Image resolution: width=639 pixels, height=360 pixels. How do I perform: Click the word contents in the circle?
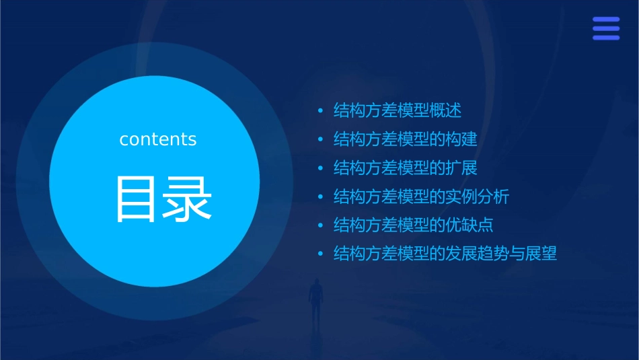(x=158, y=139)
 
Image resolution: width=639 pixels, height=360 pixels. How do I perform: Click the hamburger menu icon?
(x=605, y=29)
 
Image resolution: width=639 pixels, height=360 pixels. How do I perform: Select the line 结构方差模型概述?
(x=397, y=110)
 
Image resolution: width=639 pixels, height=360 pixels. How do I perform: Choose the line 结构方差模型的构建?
(x=405, y=139)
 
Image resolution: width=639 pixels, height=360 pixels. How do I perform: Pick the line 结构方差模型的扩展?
(x=405, y=168)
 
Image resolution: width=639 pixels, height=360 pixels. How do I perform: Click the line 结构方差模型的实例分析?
(x=421, y=196)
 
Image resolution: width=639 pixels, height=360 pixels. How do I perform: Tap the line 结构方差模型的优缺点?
(x=413, y=225)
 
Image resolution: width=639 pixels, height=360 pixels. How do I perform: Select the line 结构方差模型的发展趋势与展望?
(x=445, y=254)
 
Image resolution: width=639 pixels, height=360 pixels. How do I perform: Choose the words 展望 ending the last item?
(x=541, y=254)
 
